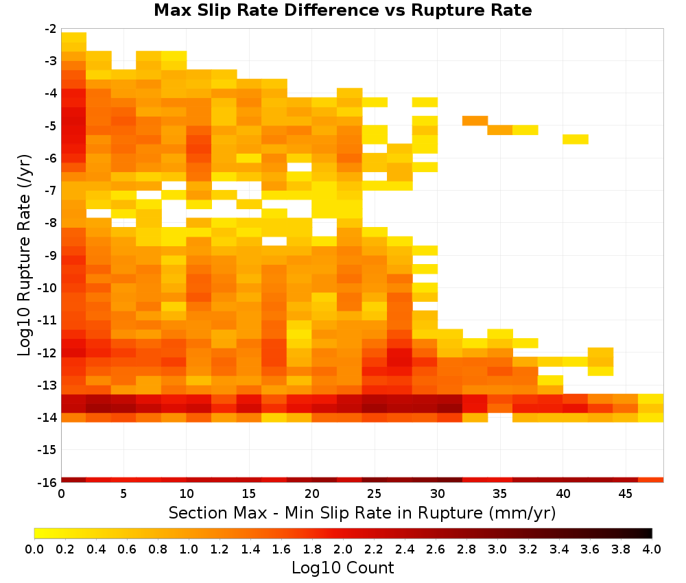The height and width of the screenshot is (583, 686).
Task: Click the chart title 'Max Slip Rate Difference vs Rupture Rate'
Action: [x=343, y=10]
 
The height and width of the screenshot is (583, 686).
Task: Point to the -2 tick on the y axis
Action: [x=51, y=29]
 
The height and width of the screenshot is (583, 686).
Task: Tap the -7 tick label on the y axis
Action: [x=51, y=191]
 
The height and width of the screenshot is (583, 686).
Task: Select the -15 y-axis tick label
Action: [x=48, y=450]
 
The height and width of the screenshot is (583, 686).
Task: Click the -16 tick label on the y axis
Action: [x=48, y=482]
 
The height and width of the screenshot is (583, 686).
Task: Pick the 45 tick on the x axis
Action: [x=625, y=494]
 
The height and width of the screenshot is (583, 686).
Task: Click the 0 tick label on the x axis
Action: [x=61, y=494]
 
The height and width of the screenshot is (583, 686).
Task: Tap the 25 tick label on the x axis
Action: [x=375, y=494]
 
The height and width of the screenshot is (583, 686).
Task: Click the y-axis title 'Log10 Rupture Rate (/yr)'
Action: [x=24, y=255]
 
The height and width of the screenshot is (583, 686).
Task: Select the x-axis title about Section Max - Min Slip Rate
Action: [x=362, y=512]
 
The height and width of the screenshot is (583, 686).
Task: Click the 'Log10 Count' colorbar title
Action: [x=343, y=568]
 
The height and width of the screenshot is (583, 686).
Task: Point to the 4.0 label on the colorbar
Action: [x=652, y=549]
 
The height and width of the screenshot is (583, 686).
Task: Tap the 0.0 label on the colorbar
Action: [x=34, y=549]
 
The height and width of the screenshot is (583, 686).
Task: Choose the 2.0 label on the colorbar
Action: [x=343, y=549]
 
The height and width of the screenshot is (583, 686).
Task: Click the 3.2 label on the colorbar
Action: [x=528, y=549]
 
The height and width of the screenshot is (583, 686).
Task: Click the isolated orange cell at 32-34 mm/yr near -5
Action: [x=475, y=121]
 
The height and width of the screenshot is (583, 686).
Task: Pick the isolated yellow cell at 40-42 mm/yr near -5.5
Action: [x=576, y=139]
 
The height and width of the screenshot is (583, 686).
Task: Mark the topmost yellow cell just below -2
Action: [x=74, y=37]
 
